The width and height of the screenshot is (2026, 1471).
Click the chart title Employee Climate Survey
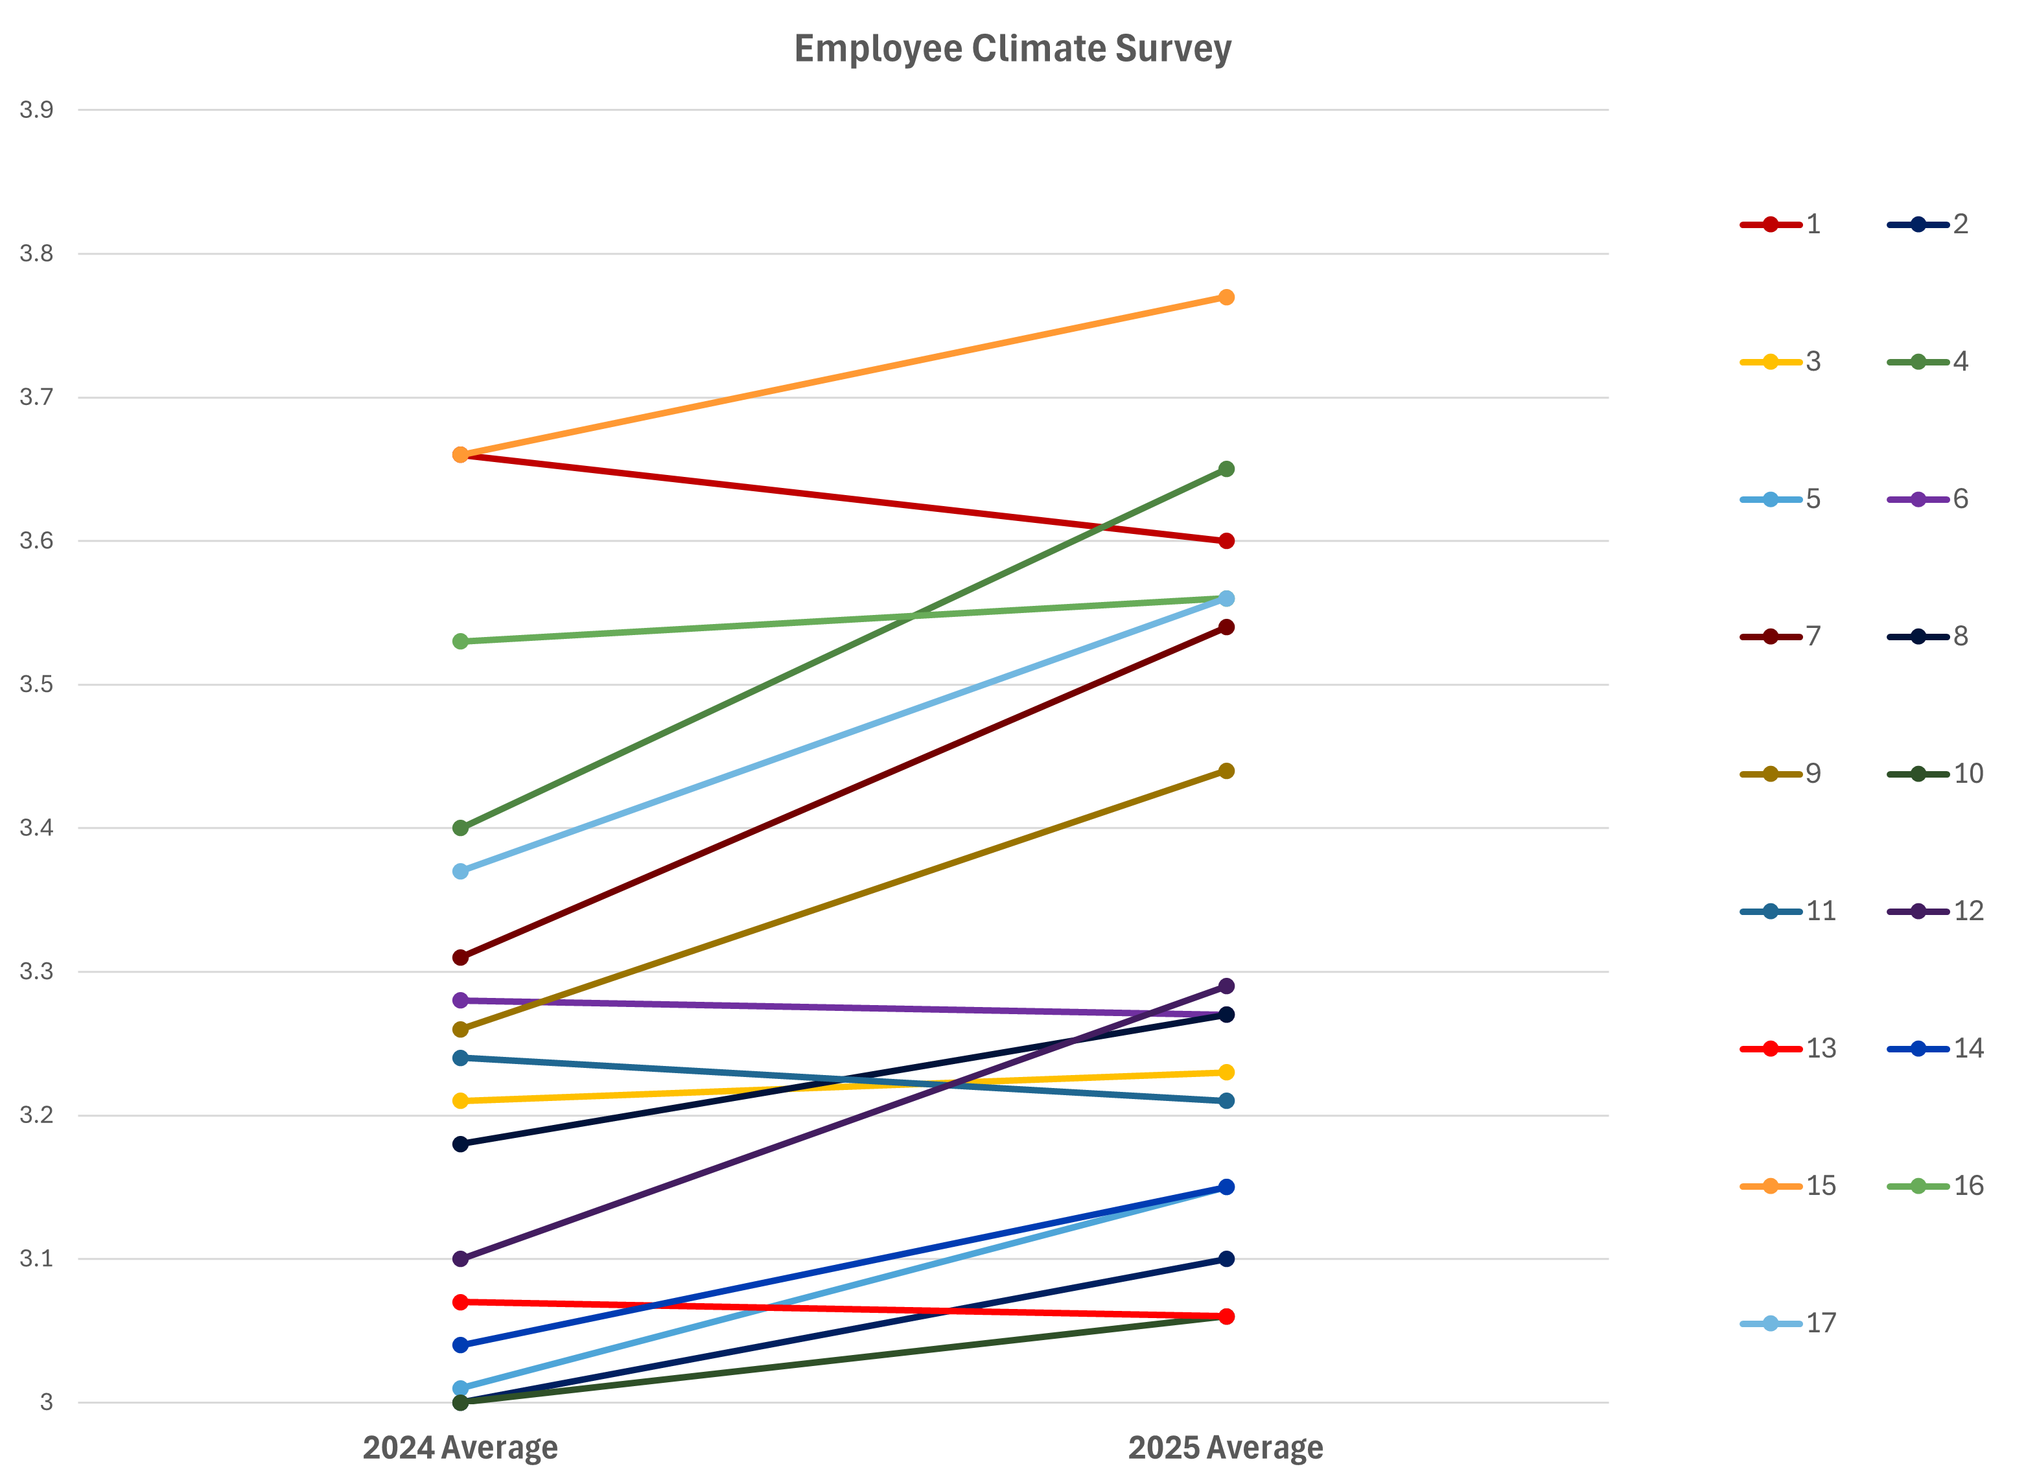click(x=1012, y=49)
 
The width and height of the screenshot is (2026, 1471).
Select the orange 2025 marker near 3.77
click(x=1226, y=297)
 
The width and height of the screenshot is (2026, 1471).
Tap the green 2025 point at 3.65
click(x=1226, y=469)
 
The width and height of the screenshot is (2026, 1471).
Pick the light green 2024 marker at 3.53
click(x=460, y=642)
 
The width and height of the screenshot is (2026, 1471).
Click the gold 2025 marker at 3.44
click(x=1226, y=770)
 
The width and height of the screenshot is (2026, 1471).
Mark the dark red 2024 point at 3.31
click(x=460, y=957)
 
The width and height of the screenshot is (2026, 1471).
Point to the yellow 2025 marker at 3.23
click(x=1226, y=1072)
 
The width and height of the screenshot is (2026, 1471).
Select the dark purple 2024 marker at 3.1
click(x=460, y=1258)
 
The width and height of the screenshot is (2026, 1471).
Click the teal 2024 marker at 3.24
click(x=460, y=1058)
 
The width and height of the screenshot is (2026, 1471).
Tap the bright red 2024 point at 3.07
click(x=460, y=1303)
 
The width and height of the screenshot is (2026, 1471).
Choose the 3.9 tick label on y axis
click(x=37, y=110)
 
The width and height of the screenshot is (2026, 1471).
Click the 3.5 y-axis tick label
click(x=37, y=684)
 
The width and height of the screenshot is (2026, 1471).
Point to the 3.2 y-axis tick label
click(x=37, y=1115)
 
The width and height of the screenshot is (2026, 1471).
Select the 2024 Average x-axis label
click(x=460, y=1447)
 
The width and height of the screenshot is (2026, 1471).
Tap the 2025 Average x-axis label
click(x=1226, y=1447)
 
